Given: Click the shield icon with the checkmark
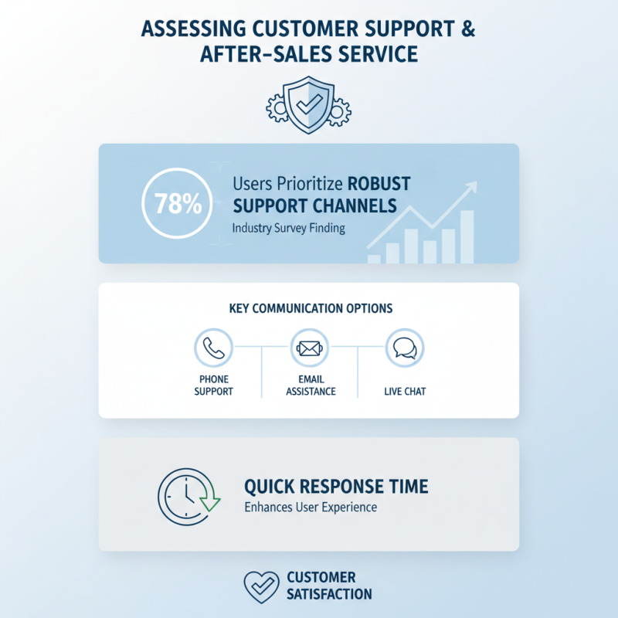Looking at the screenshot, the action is [x=308, y=105].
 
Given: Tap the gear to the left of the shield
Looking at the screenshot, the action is [x=276, y=108].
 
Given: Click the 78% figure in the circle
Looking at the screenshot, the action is [x=178, y=203].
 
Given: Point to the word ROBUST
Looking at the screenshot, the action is [x=379, y=184].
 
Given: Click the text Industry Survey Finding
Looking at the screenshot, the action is [x=288, y=228].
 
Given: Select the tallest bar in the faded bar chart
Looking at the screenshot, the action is [x=467, y=236].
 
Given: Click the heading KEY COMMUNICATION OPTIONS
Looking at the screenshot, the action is [x=311, y=308].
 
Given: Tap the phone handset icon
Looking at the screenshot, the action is [x=214, y=348].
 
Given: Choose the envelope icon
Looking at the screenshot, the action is [x=310, y=348].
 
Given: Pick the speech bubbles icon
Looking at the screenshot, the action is [x=405, y=348].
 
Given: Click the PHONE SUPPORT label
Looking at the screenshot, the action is [x=214, y=385].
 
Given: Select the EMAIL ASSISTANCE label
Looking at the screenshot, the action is [x=311, y=385].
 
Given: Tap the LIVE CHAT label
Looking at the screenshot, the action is [x=405, y=392].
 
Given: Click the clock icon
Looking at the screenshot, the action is [x=185, y=497].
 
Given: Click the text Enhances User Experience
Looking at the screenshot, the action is [x=311, y=507].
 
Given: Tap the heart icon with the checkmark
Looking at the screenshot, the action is [x=261, y=587].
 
